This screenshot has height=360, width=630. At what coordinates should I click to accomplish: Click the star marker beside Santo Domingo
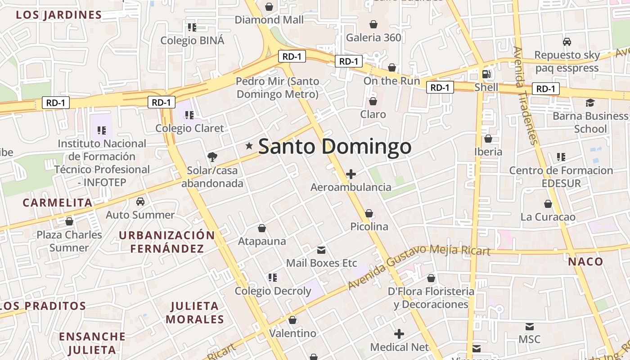(x=249, y=146)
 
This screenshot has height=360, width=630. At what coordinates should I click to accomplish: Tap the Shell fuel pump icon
(x=486, y=74)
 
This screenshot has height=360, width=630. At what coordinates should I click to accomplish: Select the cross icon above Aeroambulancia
(x=351, y=174)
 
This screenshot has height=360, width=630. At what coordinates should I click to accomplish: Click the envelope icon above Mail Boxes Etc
(x=321, y=250)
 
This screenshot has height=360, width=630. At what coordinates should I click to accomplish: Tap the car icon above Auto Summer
(x=140, y=201)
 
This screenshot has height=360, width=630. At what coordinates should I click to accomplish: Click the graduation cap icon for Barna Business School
(x=590, y=103)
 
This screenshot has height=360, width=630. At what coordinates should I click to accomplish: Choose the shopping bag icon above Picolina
(x=369, y=213)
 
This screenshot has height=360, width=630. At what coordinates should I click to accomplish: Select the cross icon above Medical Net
(x=399, y=334)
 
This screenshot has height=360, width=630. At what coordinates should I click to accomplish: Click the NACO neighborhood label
(x=585, y=262)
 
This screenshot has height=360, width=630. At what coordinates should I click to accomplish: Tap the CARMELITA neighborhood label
(x=58, y=202)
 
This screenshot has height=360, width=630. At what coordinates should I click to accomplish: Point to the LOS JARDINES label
(x=59, y=15)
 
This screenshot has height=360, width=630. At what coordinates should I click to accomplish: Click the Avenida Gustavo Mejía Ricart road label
(x=419, y=265)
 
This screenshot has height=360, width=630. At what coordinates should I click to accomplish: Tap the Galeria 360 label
(x=373, y=37)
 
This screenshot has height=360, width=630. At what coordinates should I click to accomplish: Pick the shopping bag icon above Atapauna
(x=262, y=229)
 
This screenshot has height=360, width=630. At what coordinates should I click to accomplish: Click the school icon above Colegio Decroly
(x=272, y=277)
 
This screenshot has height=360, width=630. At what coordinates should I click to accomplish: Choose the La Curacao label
(x=548, y=217)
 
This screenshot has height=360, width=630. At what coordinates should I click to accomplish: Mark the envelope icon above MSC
(x=530, y=326)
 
